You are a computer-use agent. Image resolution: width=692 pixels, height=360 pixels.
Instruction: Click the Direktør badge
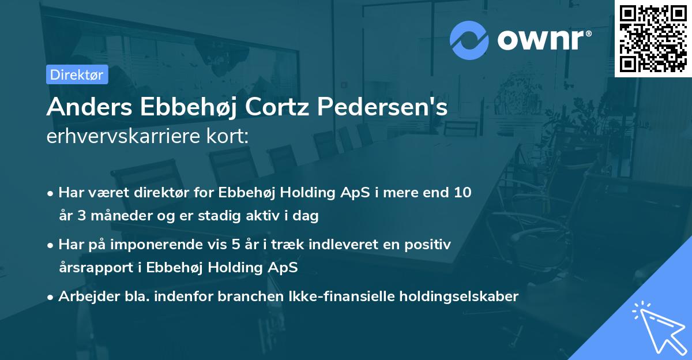[77, 74]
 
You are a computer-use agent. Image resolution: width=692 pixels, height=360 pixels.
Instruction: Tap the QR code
[653, 38]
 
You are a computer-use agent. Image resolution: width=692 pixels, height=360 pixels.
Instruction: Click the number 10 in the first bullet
[462, 193]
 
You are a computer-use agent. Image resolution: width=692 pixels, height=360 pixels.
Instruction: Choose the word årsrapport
[92, 268]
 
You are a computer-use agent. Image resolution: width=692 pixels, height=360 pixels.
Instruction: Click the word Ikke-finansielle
[336, 297]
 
